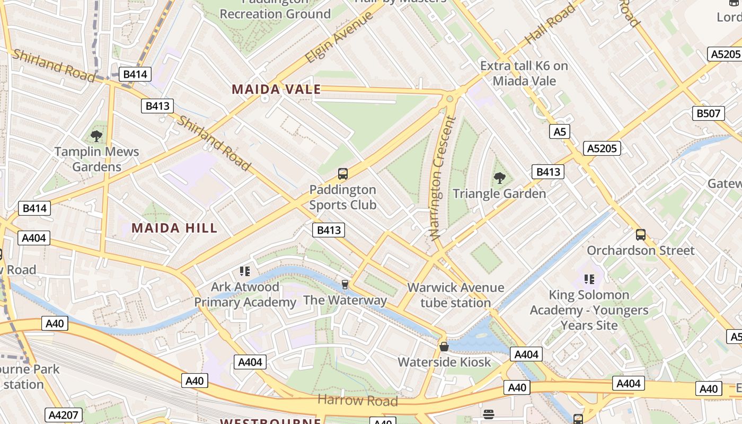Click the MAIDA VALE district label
pos(276,90)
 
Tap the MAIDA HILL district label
pos(174,228)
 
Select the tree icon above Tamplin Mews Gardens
pos(96,136)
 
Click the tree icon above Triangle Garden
pos(499,178)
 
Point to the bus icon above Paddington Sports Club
pos(343,174)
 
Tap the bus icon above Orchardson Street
pos(640,235)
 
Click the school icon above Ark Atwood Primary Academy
pos(244,272)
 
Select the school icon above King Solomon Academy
pos(589,279)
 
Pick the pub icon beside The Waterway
pos(345,285)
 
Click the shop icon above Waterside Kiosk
pos(444,347)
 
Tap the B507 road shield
pos(709,113)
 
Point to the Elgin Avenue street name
pos(339,37)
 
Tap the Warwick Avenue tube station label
pos(456,295)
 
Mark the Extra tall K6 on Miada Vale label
pos(524,73)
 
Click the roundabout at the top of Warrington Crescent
pos(450,98)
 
